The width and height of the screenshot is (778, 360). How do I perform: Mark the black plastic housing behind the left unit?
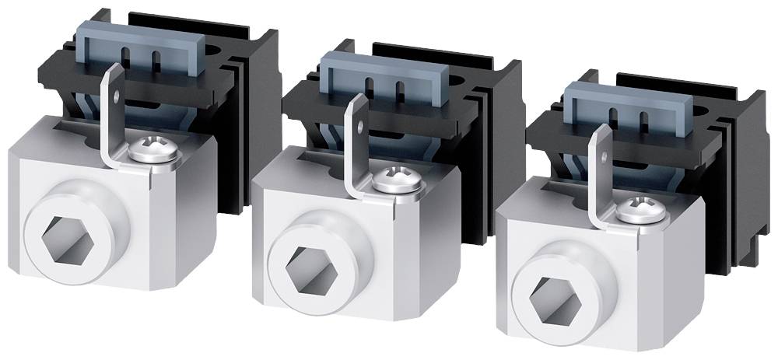coord(253,117)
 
